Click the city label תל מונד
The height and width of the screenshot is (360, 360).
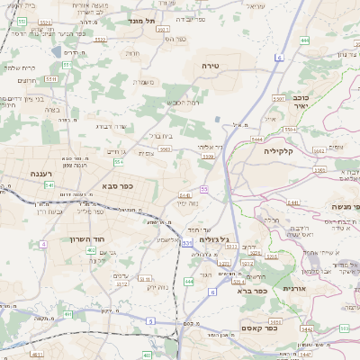point(142,20)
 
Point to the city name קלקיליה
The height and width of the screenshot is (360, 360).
point(286,151)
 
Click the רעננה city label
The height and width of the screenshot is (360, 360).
point(41,174)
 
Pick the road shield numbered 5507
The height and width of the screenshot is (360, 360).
point(279,97)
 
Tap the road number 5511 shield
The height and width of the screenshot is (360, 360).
point(51,78)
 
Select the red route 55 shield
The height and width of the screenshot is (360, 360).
point(204,188)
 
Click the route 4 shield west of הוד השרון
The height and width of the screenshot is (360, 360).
point(42,244)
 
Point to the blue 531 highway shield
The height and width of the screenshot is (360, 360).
point(185,243)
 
